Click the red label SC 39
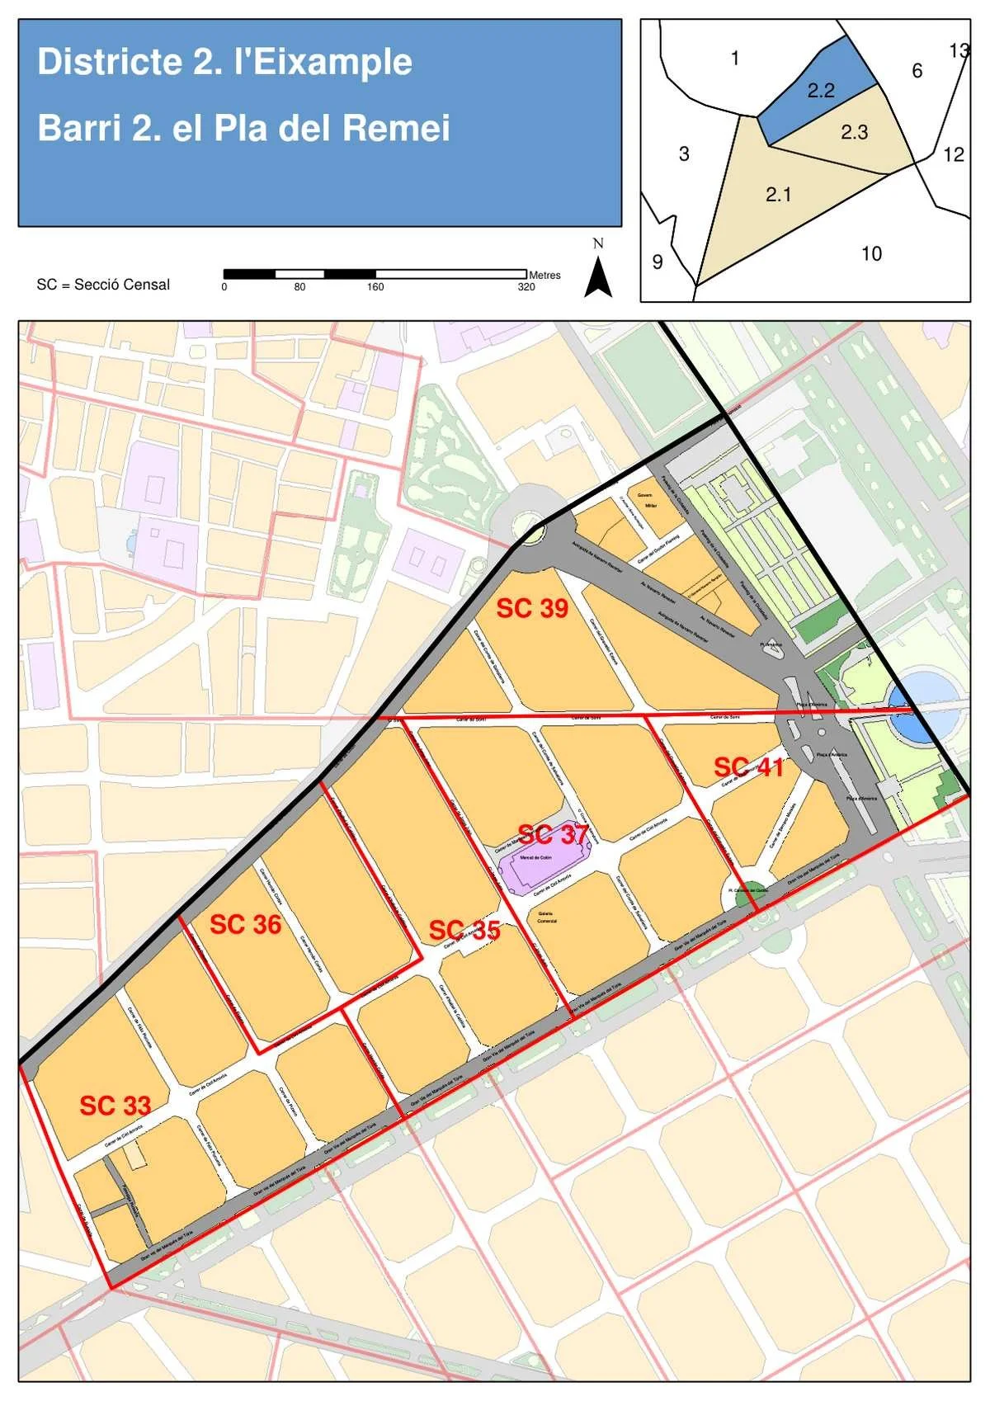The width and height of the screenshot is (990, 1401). pyautogui.click(x=531, y=609)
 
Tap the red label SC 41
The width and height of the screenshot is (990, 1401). pyautogui.click(x=748, y=767)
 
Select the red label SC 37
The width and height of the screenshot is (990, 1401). pyautogui.click(x=552, y=834)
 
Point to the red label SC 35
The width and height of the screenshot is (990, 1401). pyautogui.click(x=464, y=931)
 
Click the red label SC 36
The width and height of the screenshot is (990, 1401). pyautogui.click(x=245, y=925)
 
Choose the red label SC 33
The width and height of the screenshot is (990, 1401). pyautogui.click(x=115, y=1106)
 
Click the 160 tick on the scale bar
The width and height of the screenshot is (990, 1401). pyautogui.click(x=375, y=287)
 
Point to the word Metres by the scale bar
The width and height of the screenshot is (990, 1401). pyautogui.click(x=544, y=275)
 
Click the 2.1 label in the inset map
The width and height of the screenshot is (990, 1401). pyautogui.click(x=778, y=195)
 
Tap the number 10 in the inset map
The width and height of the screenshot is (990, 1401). pyautogui.click(x=871, y=253)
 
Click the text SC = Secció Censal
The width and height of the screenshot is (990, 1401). pyautogui.click(x=103, y=285)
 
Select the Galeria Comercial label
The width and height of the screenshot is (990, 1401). pyautogui.click(x=547, y=917)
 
